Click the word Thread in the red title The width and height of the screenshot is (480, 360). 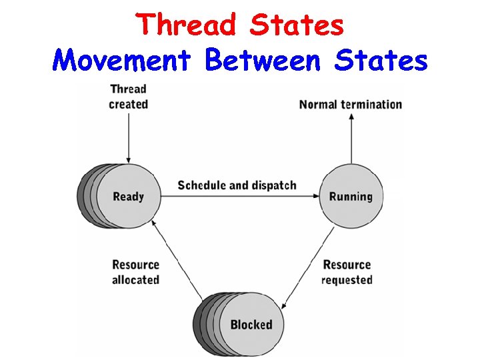188,25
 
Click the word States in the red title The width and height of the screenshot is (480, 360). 297,25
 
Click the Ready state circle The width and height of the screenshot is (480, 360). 128,196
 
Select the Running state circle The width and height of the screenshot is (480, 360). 351,196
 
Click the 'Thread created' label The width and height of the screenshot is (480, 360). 128,97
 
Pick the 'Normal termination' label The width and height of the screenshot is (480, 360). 351,105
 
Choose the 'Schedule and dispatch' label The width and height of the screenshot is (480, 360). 237,185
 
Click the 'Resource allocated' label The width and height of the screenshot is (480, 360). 135,272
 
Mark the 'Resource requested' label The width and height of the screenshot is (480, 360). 347,272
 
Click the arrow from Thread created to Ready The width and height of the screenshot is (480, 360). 128,137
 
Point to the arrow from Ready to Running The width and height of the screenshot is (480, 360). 240,196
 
